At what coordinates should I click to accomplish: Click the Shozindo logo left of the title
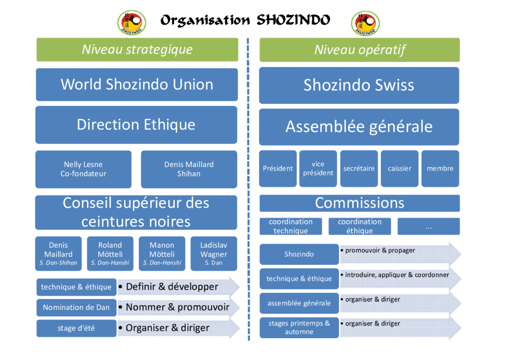(x=131, y=22)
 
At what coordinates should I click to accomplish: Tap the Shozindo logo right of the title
(x=366, y=23)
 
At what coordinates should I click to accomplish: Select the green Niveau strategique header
(x=137, y=50)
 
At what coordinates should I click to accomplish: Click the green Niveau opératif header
(x=360, y=50)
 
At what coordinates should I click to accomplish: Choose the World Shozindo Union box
(x=137, y=85)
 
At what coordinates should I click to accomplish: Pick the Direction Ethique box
(x=136, y=125)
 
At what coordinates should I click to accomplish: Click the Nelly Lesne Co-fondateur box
(x=84, y=169)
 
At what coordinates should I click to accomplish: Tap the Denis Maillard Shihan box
(x=189, y=169)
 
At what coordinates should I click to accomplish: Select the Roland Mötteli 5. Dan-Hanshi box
(x=110, y=254)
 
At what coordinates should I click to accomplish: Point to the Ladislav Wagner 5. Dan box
(x=213, y=254)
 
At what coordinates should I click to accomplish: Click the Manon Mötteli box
(x=162, y=254)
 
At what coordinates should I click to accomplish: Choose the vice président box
(x=318, y=169)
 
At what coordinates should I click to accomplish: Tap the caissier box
(x=400, y=169)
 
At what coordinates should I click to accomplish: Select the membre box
(x=440, y=169)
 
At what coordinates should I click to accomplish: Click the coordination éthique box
(x=360, y=226)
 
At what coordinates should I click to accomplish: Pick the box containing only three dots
(x=429, y=226)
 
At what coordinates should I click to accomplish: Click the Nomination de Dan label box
(x=76, y=308)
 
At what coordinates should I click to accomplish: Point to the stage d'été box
(x=76, y=328)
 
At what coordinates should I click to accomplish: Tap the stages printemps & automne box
(x=299, y=327)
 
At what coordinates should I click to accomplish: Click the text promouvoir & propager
(x=380, y=251)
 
